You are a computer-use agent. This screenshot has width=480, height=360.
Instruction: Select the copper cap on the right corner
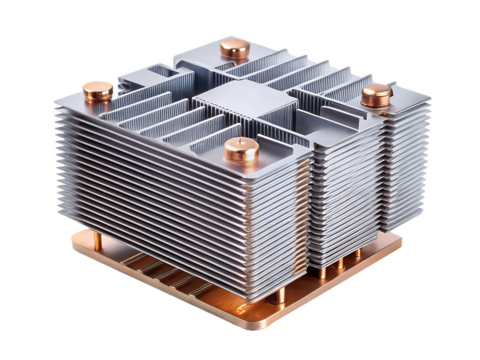pos(376,96)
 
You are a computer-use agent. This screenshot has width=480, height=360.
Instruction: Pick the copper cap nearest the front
pos(241,150)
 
